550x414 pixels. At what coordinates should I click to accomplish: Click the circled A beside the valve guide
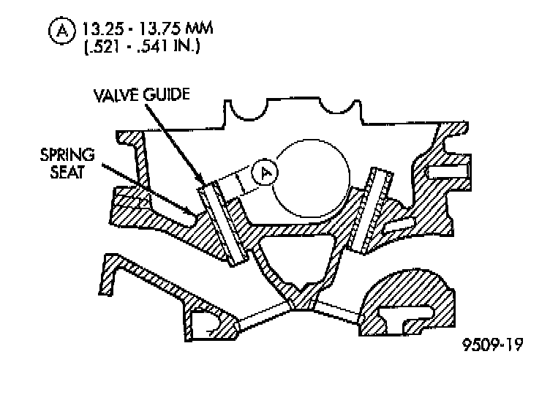(x=264, y=172)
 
